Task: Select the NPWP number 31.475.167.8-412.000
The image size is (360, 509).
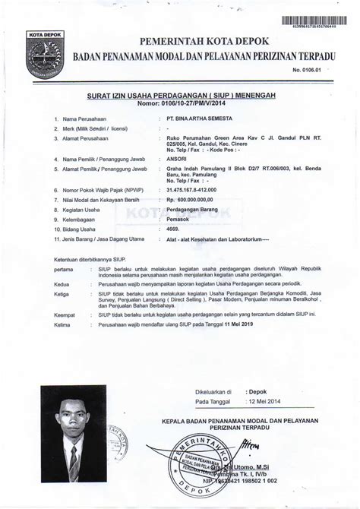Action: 193,188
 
